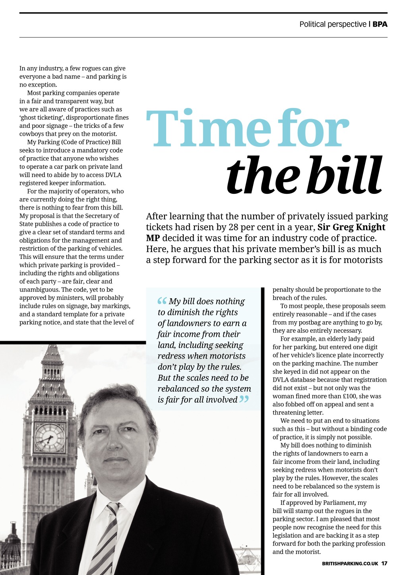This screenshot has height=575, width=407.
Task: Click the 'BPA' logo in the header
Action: tap(380, 24)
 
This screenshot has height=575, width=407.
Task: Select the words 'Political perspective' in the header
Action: tap(333, 24)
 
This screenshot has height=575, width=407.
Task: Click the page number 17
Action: tap(384, 563)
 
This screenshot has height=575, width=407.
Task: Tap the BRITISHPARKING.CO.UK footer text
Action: tap(350, 563)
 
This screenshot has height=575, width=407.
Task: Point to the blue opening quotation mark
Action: tap(162, 301)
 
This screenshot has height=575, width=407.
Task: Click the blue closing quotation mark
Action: tap(244, 399)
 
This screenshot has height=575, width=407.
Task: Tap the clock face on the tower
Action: tap(50, 438)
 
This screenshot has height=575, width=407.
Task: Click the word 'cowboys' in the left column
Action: tap(31, 134)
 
